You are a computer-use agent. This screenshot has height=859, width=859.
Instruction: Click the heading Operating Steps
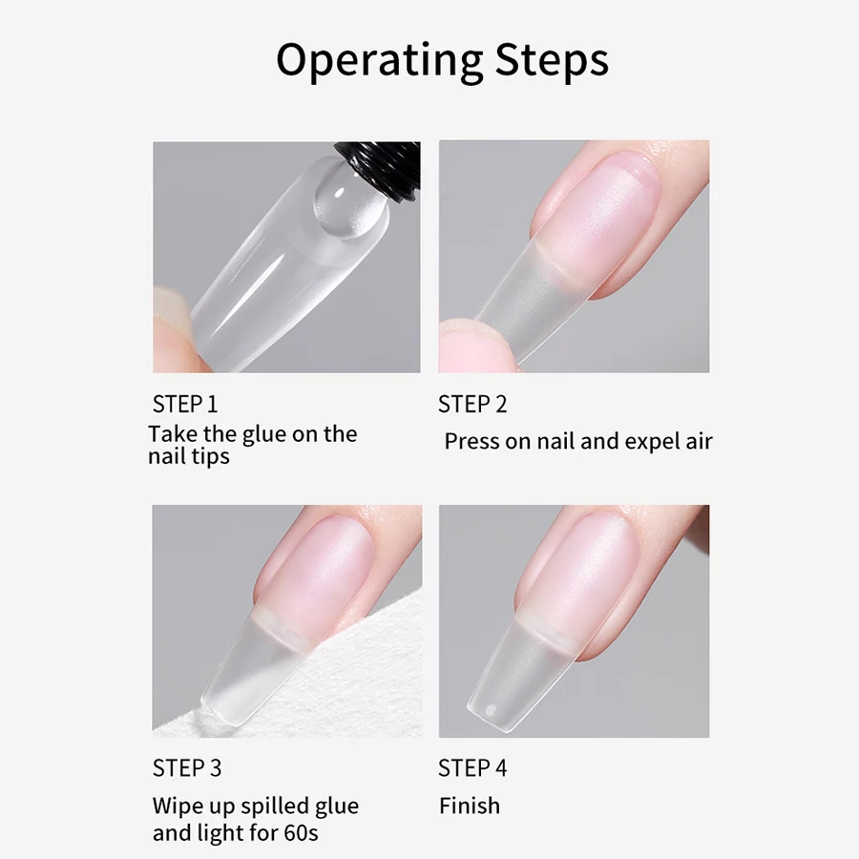442,61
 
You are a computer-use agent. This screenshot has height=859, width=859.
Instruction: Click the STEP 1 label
185,404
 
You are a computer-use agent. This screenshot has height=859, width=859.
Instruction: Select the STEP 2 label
472,404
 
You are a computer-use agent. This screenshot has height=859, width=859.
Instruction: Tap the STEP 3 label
186,767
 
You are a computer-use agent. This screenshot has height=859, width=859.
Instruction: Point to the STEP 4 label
472,767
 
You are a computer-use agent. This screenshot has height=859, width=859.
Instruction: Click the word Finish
469,806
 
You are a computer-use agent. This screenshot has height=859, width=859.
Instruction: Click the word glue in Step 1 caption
263,434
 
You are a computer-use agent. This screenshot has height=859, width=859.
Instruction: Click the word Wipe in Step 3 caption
178,806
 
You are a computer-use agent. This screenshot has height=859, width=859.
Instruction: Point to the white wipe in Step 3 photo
220,668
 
